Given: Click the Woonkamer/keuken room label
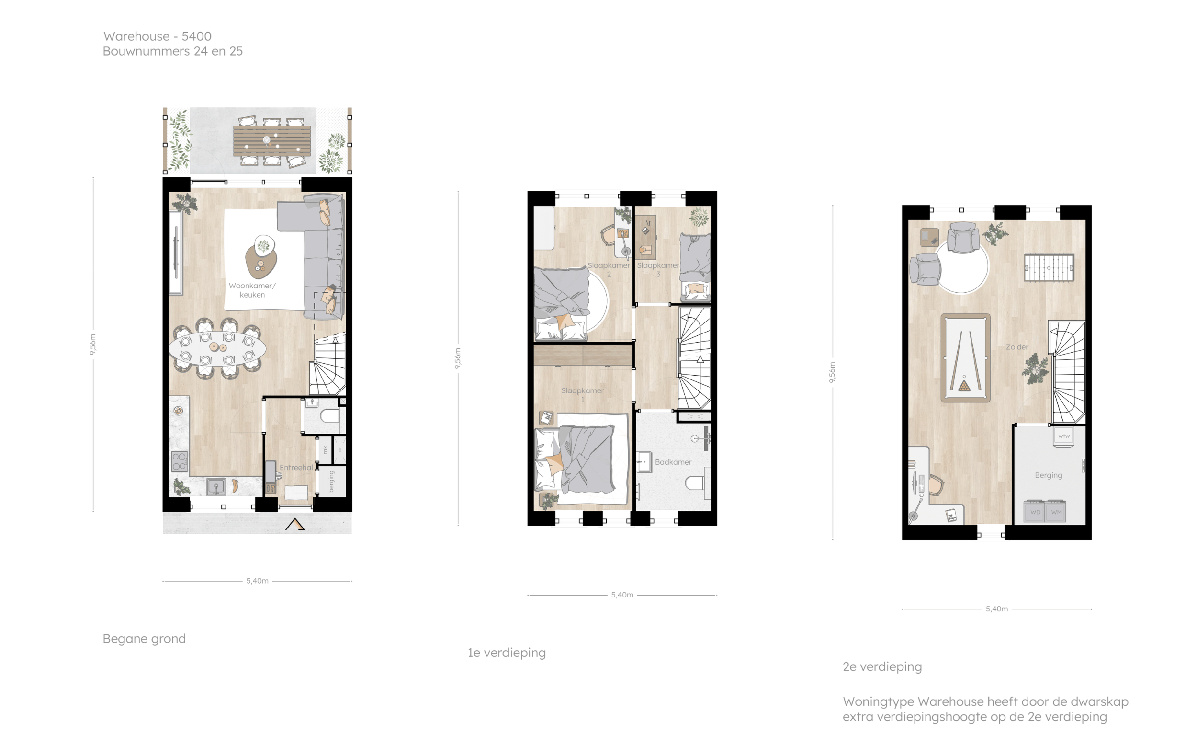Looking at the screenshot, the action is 252,290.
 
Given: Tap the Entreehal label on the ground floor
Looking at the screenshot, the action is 296,468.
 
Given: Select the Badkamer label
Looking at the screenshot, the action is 673,462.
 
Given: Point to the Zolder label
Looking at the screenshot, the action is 1017,347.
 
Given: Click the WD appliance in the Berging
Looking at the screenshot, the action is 1035,512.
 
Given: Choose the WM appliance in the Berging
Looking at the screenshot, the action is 1056,512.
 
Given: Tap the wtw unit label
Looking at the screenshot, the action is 1064,436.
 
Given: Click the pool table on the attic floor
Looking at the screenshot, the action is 965,358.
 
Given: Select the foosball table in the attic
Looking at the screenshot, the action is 1049,267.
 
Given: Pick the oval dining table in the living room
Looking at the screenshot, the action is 217,348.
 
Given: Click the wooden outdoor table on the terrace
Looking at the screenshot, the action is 271,141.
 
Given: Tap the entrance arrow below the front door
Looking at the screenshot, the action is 294,525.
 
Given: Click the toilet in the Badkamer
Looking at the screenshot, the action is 698,483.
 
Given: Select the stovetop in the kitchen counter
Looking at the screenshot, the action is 179,461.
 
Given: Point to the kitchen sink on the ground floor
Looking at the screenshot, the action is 215,487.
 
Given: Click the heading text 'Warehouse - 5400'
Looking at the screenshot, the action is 158,36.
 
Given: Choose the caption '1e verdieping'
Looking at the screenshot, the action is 507,653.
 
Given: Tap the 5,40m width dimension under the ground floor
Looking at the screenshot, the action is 257,581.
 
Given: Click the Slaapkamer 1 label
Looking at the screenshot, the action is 583,395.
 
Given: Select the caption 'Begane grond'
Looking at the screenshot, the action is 144,639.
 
